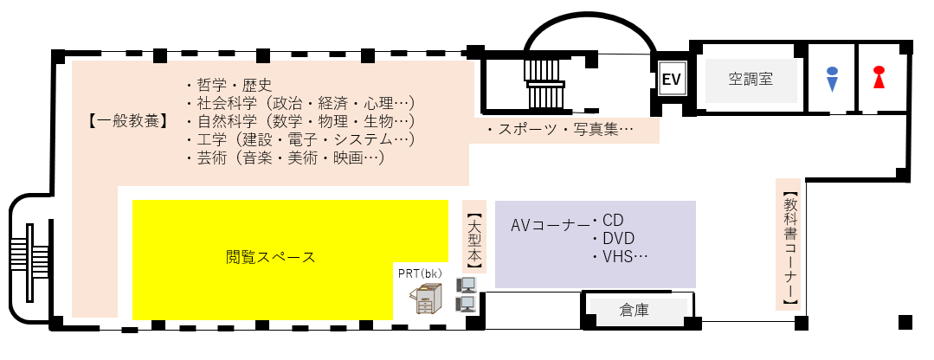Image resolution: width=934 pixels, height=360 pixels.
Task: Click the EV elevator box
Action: coord(672,80)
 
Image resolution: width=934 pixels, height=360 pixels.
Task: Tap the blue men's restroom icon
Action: coord(832,79)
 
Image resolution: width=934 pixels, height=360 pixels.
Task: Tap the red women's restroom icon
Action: coord(879,78)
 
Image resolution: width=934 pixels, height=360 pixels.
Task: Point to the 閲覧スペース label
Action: coord(270,257)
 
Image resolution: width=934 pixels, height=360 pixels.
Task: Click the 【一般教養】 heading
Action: coord(127,120)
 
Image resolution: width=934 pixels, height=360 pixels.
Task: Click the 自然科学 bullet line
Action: coord(299,121)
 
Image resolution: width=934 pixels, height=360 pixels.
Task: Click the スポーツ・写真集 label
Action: coord(561,131)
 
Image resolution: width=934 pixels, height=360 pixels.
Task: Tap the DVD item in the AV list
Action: coord(619,239)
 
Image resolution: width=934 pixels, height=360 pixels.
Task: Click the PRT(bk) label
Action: coord(421,273)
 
